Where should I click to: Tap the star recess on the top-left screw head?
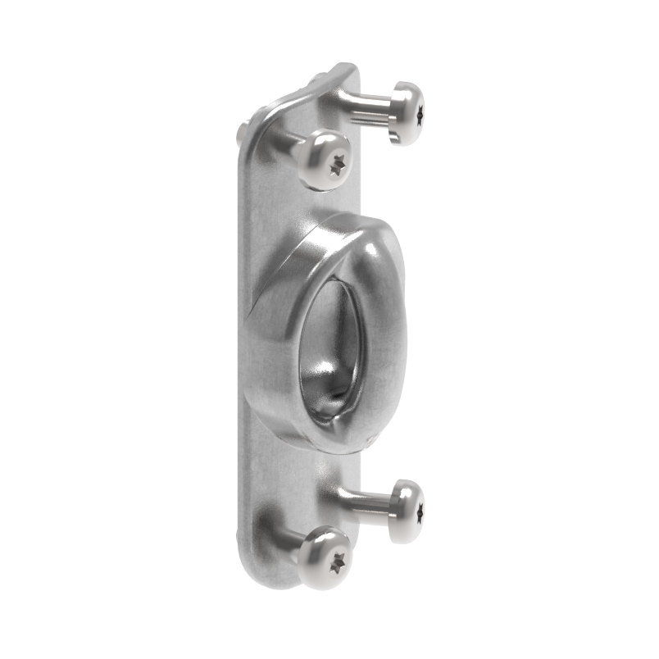click(x=337, y=165)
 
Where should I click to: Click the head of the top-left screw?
click(x=325, y=159)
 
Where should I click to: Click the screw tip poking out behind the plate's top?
click(x=243, y=131)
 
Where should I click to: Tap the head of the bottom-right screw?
click(x=407, y=510)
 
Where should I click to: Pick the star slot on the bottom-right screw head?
click(x=420, y=513)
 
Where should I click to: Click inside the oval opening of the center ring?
click(x=331, y=344)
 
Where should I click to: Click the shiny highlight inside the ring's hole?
click(x=316, y=385)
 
